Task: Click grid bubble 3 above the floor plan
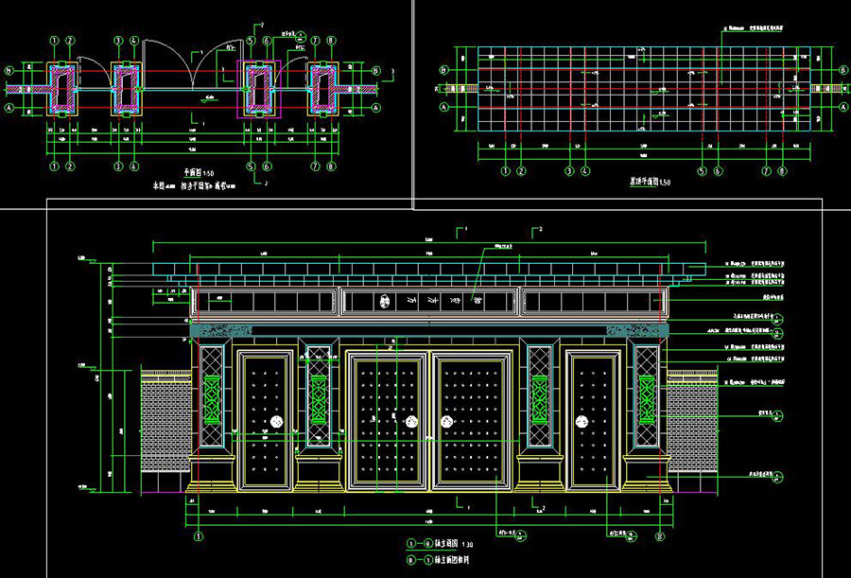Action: coord(118,42)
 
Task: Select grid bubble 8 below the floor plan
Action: coord(332,166)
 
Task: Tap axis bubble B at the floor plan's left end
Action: coord(9,70)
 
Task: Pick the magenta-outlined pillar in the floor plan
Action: coord(258,87)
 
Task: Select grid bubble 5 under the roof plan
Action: coord(703,171)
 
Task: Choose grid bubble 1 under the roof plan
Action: coord(506,171)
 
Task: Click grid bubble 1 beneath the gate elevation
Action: coord(199,534)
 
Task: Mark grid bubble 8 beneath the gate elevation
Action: coord(659,534)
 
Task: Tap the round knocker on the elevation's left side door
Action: coord(277,421)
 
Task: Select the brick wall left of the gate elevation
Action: coord(165,430)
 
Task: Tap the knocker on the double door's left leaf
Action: coord(412,422)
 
